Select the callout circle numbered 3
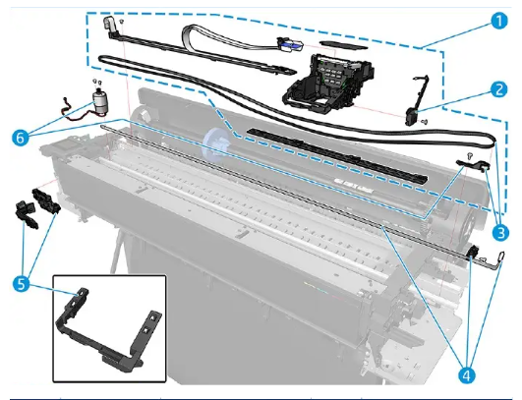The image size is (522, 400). pos(500,233)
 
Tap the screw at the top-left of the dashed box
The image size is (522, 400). pos(120,21)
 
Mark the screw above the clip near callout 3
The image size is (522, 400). pos(472,155)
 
